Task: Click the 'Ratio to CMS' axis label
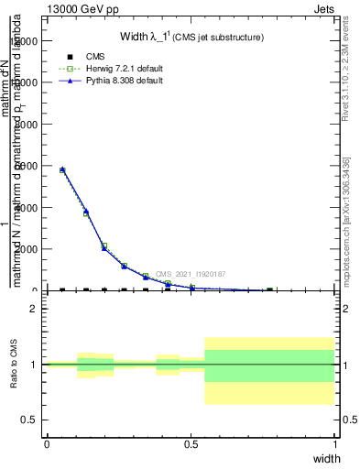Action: [x=14, y=365]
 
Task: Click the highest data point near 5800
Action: [x=61, y=169]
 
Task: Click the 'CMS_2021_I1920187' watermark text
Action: [x=191, y=274]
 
